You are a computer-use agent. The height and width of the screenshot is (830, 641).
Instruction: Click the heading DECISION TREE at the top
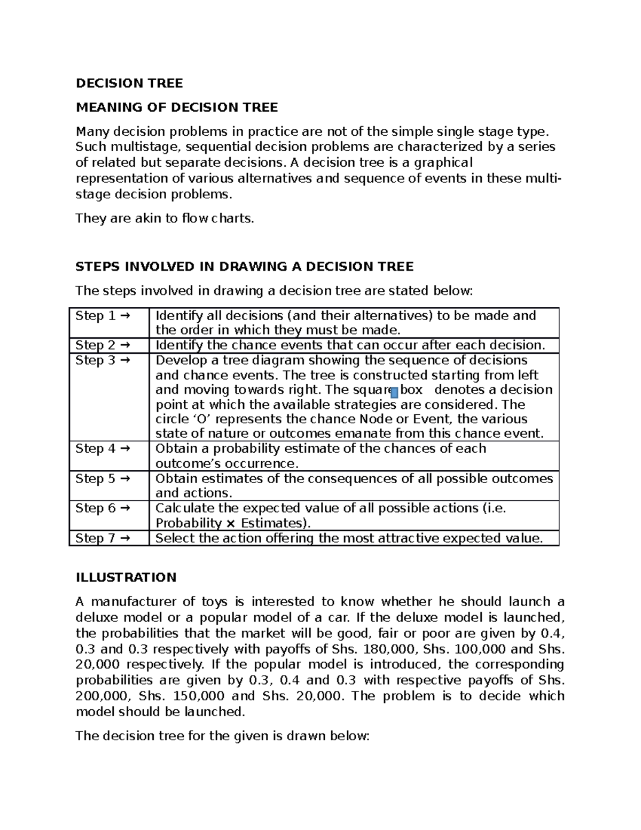[129, 83]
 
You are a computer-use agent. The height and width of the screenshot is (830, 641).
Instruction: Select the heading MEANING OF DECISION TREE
[177, 107]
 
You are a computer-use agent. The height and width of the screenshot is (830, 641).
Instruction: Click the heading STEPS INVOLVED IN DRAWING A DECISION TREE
[245, 266]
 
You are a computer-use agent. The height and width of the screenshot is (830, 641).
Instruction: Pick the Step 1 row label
[103, 316]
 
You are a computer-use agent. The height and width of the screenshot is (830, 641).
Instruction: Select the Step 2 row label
[103, 345]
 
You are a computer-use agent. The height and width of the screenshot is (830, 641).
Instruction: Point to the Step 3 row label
[103, 360]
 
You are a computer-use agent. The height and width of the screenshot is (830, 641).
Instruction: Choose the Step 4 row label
[103, 448]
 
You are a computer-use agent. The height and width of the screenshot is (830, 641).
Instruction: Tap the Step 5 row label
[103, 478]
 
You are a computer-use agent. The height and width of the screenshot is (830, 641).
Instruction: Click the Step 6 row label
[103, 508]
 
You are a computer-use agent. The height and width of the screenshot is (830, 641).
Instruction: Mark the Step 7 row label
[103, 538]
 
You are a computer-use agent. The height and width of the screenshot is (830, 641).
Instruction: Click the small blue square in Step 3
[394, 393]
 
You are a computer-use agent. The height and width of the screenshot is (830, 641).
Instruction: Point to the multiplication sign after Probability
[231, 523]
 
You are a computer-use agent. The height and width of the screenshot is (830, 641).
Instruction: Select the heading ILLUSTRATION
[126, 577]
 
